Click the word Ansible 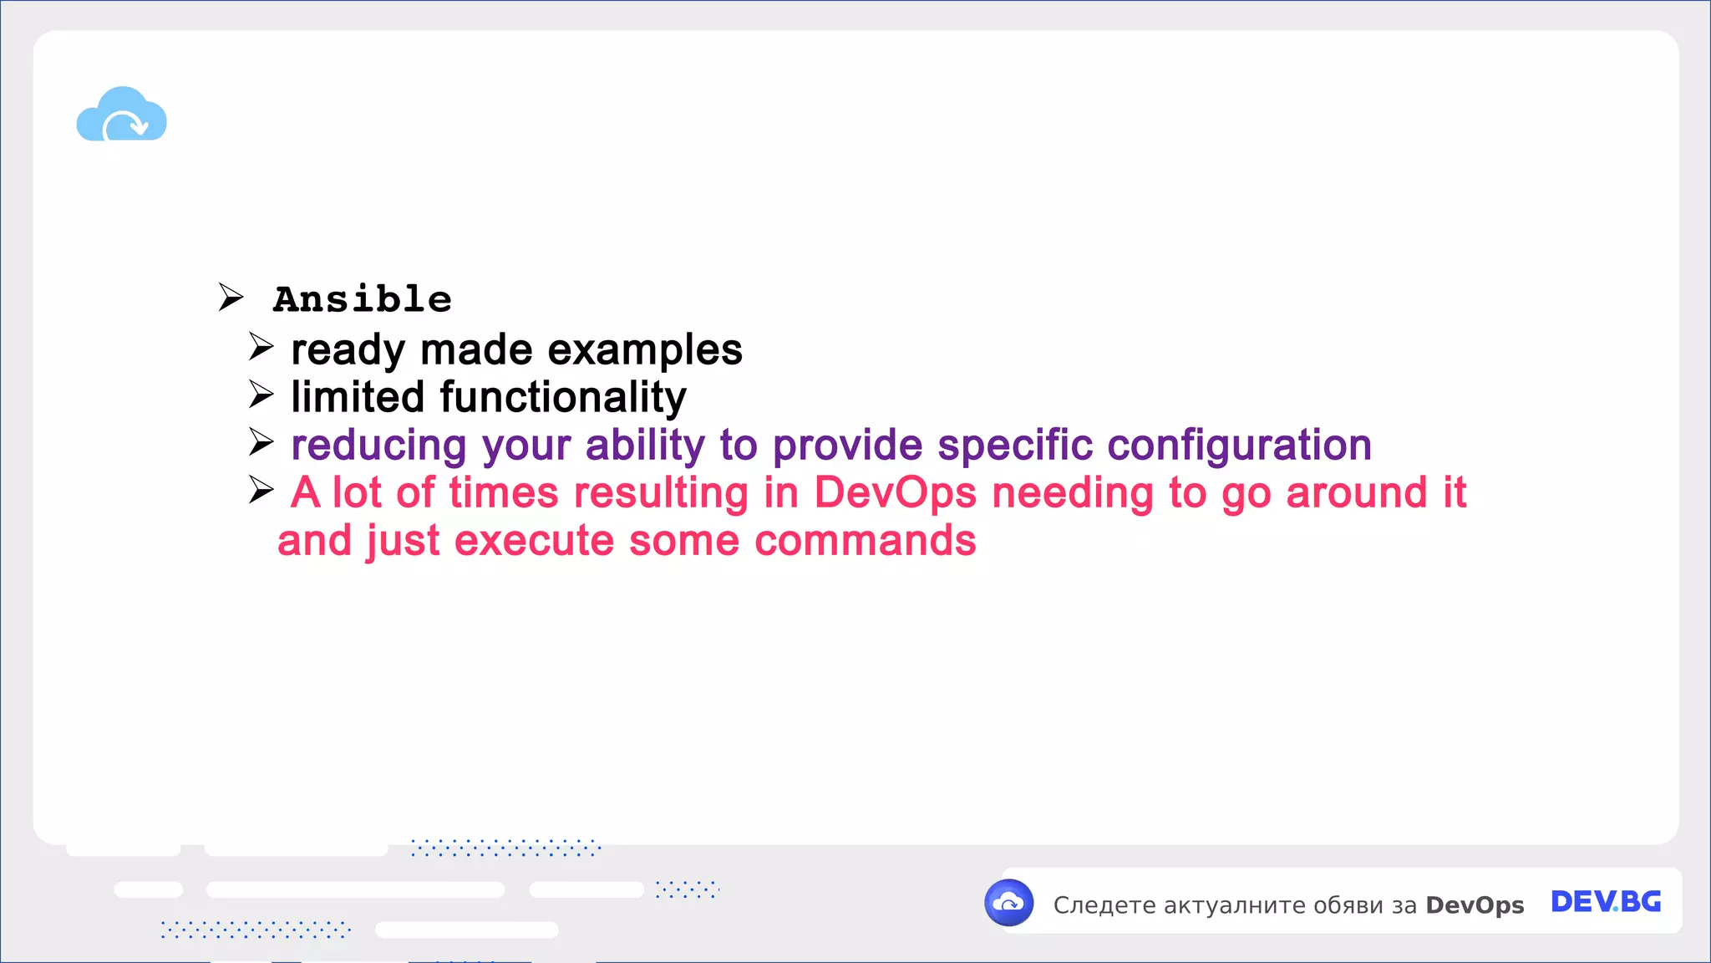pos(363,299)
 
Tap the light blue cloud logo pos(122,115)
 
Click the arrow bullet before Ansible pos(231,297)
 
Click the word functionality pos(563,398)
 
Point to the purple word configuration pos(1239,446)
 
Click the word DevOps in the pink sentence pos(895,492)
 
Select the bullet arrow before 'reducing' pos(261,442)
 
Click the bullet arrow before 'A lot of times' pos(261,491)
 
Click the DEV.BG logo pos(1605,902)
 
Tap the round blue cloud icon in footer pos(1009,903)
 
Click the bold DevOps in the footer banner pos(1475,905)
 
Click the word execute pos(534,541)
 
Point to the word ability pos(645,446)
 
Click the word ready pos(348,350)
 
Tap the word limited pos(358,397)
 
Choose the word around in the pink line pos(1356,492)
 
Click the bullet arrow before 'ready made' pos(261,346)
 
